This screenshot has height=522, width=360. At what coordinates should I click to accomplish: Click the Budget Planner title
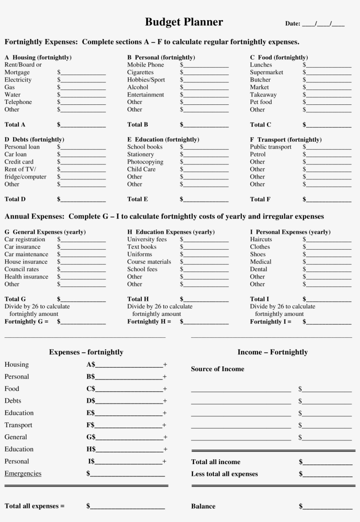[184, 22]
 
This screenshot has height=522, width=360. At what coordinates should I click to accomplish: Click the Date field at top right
[315, 24]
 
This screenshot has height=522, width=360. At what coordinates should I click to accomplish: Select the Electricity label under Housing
[18, 80]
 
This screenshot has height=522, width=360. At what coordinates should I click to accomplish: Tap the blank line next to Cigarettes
[206, 73]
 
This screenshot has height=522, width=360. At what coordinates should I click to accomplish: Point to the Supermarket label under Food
[266, 72]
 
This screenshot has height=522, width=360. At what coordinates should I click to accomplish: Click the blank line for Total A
[83, 125]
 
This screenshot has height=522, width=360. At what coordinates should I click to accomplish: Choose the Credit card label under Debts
[19, 162]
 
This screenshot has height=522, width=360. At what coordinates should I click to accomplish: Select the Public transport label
[270, 147]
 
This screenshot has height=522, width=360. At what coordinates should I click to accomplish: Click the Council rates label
[22, 269]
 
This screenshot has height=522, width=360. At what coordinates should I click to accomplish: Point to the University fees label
[147, 240]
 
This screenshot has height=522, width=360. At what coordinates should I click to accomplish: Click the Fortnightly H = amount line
[206, 322]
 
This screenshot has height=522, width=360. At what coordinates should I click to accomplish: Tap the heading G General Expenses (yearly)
[45, 232]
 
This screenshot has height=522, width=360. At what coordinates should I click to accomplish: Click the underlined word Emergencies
[23, 473]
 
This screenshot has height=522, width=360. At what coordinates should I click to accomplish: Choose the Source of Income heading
[217, 369]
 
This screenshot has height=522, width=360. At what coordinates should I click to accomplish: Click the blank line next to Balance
[327, 507]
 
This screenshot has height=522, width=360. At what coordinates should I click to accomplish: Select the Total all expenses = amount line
[127, 507]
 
